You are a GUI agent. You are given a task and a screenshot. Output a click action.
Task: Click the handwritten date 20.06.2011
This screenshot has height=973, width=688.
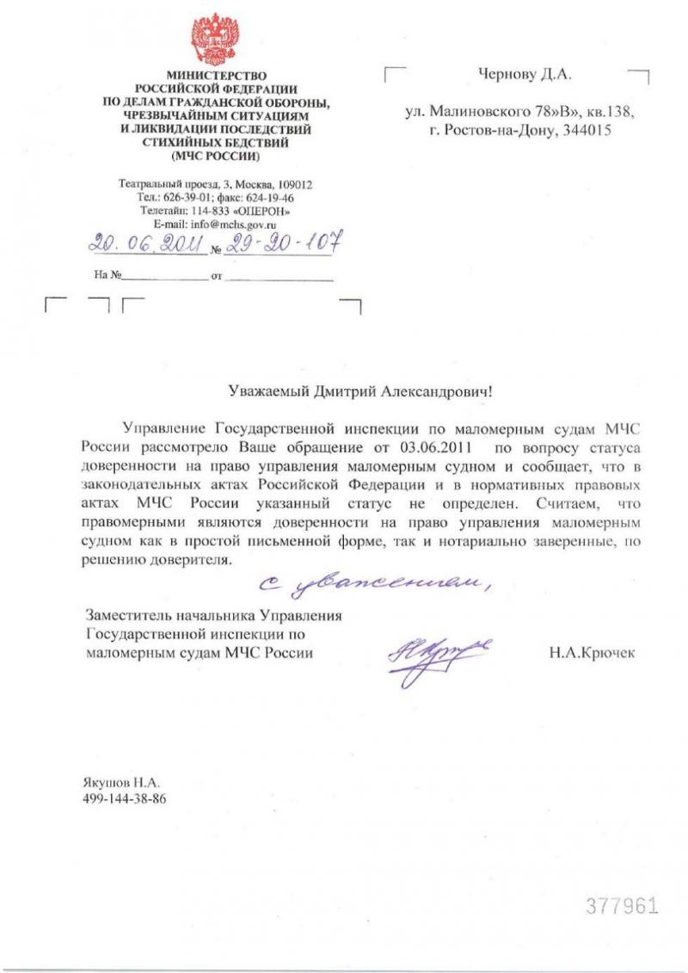[147, 245]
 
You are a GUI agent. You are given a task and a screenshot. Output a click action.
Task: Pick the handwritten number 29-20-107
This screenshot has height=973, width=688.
[279, 243]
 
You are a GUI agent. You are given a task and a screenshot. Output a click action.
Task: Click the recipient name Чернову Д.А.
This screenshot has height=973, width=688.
[525, 76]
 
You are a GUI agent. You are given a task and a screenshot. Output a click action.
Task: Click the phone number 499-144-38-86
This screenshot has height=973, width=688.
[124, 799]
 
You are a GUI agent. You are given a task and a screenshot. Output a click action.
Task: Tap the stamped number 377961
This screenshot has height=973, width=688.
[623, 905]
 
